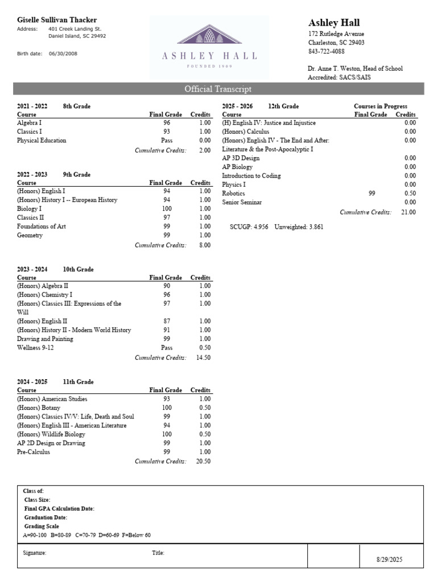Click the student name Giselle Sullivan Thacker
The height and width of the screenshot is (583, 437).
click(57, 20)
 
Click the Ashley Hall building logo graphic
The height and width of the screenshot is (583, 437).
click(209, 34)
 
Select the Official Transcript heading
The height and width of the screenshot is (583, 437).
click(218, 89)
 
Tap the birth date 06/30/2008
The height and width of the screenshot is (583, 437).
click(63, 54)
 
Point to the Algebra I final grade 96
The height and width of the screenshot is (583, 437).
click(167, 122)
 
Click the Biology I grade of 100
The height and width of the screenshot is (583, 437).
click(167, 209)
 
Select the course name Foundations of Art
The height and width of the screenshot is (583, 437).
click(42, 226)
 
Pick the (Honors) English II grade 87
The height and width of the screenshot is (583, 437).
click(167, 321)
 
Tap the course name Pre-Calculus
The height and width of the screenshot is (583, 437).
click(34, 451)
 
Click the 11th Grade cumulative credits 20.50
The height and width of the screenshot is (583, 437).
click(203, 461)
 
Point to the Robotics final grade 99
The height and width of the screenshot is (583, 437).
click(372, 194)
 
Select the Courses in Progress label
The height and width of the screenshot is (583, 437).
click(380, 106)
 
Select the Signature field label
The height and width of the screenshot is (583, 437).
click(35, 553)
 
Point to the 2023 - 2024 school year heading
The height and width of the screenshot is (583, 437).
click(32, 269)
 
